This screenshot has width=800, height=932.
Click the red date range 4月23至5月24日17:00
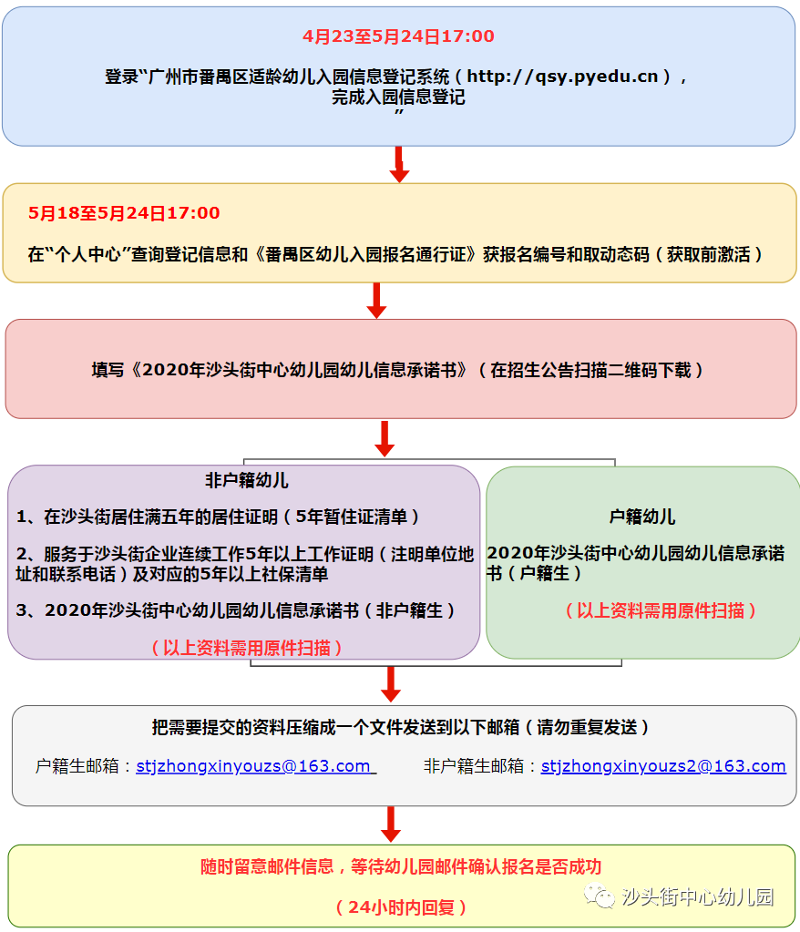point(398,36)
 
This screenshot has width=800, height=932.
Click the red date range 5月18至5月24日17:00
point(124,213)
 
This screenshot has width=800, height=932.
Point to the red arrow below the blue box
point(398,165)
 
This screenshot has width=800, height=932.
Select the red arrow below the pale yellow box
point(376,300)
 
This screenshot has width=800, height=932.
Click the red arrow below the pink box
point(385,438)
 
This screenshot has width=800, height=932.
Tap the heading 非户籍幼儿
point(246,480)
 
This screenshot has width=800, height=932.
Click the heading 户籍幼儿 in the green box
point(641,517)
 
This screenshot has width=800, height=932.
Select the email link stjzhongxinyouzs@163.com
point(254,766)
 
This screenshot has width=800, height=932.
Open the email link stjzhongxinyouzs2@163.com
point(662,766)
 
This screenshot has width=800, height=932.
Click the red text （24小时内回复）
point(401,907)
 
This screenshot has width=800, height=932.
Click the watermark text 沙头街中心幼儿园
point(697,896)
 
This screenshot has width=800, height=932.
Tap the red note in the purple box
point(247,648)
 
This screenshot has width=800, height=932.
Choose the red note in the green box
point(660,610)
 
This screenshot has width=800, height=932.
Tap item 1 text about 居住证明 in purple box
point(219,517)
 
